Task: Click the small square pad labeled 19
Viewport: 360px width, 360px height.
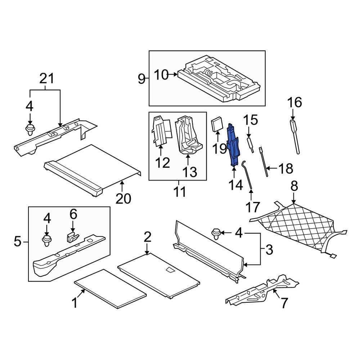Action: [x=217, y=124]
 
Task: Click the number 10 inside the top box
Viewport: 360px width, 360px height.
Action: [x=161, y=75]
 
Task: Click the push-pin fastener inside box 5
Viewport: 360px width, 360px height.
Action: [x=46, y=240]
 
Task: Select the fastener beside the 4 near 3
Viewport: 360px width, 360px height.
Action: [x=217, y=234]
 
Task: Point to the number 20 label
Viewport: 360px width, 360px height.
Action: [x=123, y=198]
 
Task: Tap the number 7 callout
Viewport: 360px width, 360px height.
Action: [x=284, y=303]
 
